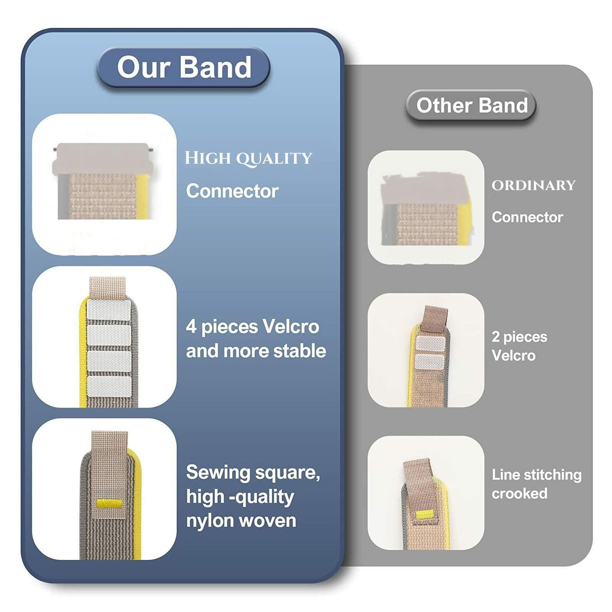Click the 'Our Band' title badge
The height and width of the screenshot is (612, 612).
[x=184, y=67]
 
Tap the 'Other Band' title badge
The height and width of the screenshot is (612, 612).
[x=472, y=105]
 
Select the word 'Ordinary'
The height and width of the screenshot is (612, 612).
[x=534, y=186]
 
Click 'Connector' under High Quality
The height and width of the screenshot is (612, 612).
[x=232, y=191]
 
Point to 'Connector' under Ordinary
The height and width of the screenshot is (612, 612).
[x=527, y=217]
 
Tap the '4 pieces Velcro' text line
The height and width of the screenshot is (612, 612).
[x=252, y=327]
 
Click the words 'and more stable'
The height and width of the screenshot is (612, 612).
[x=256, y=351]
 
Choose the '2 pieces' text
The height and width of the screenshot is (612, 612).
[x=519, y=337]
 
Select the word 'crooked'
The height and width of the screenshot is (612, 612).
[x=519, y=493]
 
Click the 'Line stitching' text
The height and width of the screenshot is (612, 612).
[x=536, y=475]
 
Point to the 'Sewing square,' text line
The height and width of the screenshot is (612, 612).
[x=253, y=472]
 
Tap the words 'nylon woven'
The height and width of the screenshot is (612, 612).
[x=241, y=521]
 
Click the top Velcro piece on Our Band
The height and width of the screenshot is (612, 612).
[x=109, y=310]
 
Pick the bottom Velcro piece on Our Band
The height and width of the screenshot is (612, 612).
[x=109, y=386]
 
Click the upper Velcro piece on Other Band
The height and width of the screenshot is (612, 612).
[x=430, y=343]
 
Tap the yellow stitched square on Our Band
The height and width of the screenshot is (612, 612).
[x=109, y=504]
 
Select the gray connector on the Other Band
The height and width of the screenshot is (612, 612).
[x=425, y=189]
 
